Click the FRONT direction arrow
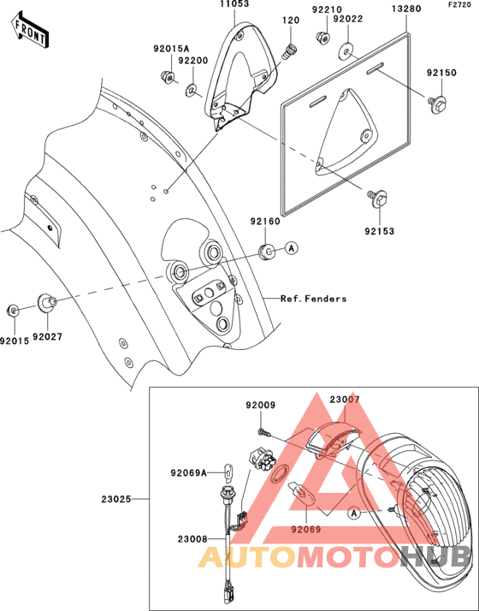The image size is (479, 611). point(30,30)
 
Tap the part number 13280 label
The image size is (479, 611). point(405,9)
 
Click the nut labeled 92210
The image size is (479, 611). point(322,38)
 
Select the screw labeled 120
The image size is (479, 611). point(290,51)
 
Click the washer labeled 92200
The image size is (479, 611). point(191,91)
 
